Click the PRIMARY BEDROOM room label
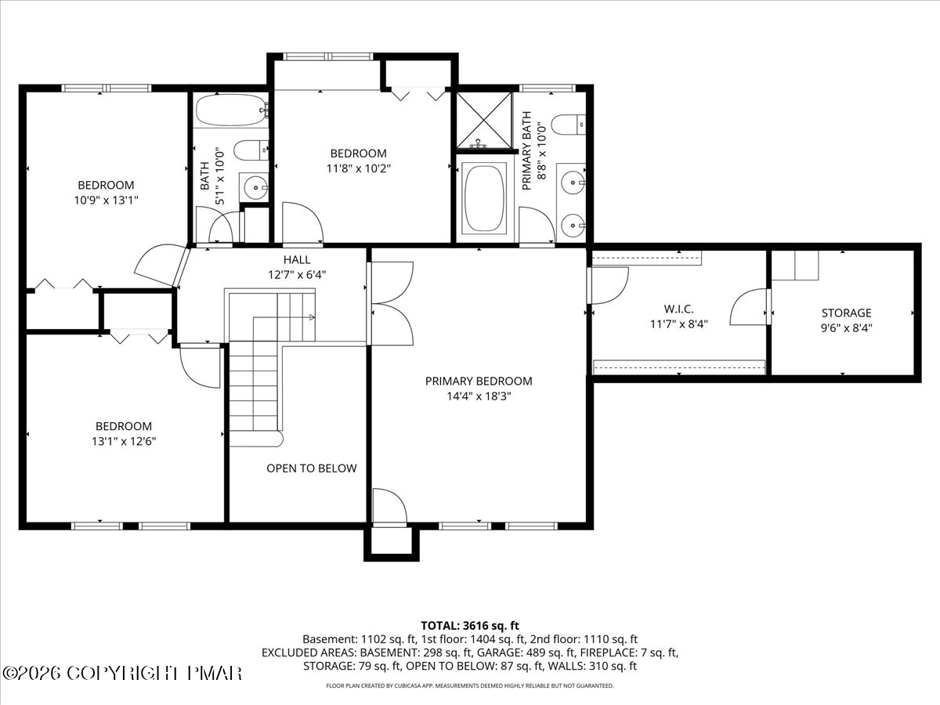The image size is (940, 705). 479,381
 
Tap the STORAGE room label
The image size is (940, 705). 846,313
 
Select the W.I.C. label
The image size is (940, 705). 679,309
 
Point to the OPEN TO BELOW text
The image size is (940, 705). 311,468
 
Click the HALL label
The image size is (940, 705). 297,259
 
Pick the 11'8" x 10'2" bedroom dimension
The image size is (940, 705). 359,168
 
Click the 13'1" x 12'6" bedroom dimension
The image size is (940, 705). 124,441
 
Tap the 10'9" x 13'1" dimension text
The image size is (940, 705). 107,200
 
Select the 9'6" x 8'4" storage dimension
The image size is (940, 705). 846,328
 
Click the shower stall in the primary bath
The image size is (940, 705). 484,121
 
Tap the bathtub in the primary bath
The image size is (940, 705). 486,199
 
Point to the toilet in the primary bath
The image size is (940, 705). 568,125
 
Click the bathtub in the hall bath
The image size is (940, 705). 232,110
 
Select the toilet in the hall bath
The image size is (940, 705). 251,150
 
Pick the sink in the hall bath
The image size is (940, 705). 254,187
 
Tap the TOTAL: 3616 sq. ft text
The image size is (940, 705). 470,626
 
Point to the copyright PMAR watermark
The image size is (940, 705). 121,673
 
